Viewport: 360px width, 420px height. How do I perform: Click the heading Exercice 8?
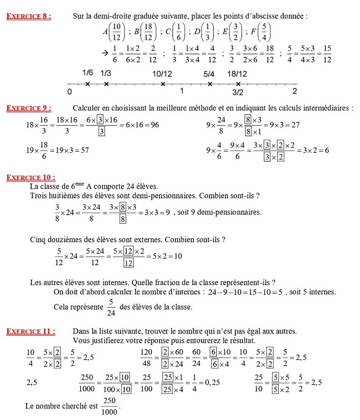tap(29, 16)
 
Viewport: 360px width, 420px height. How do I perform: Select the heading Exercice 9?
tap(29, 108)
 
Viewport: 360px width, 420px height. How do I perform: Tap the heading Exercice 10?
tap(31, 177)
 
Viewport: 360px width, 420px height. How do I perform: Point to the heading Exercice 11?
tap(31, 331)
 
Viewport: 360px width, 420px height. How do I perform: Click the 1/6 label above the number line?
tap(87, 74)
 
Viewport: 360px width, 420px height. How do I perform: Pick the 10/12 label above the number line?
tap(162, 74)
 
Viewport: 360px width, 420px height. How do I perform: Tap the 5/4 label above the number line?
tap(209, 74)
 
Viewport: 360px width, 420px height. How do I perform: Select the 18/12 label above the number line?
tap(237, 74)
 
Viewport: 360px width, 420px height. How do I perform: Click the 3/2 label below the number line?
tap(238, 92)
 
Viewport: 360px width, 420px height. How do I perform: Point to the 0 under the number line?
tap(69, 92)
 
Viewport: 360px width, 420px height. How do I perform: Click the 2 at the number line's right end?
tap(295, 91)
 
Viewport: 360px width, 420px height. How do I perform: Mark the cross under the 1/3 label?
tap(106, 84)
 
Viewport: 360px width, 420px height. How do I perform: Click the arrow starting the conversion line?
tap(105, 52)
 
